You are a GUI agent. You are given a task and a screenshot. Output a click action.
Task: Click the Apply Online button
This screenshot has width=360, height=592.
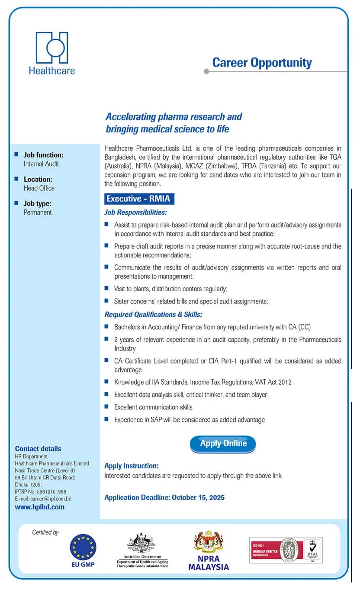(x=223, y=444)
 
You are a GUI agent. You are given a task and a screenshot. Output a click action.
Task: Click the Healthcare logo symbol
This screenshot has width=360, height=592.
(x=52, y=48)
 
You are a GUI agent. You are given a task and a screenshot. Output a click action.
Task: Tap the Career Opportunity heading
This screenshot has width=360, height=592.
(x=262, y=63)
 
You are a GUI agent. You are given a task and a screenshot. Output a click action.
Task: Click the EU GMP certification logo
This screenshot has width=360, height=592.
(x=83, y=547)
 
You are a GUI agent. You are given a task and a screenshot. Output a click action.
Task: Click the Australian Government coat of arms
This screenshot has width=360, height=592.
(x=141, y=544)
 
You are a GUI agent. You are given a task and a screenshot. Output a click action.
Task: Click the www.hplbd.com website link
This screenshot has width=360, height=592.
(x=40, y=507)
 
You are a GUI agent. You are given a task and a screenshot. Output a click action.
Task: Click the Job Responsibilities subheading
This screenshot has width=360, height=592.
(x=135, y=212)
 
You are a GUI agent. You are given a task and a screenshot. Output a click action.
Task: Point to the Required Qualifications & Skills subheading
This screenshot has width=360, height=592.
(x=153, y=315)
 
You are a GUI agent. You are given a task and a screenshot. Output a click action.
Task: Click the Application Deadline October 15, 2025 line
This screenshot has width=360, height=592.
(x=164, y=498)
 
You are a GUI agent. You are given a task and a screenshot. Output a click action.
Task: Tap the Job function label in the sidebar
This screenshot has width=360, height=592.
(x=43, y=155)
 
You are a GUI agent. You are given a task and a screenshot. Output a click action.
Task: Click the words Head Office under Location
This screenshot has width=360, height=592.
(x=39, y=188)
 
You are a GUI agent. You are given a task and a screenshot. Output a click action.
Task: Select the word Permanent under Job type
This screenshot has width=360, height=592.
(x=38, y=212)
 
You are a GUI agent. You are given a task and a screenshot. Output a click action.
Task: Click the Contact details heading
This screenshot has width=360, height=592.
(x=38, y=449)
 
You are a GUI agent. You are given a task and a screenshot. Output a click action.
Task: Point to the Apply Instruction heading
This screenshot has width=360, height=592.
(x=132, y=466)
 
